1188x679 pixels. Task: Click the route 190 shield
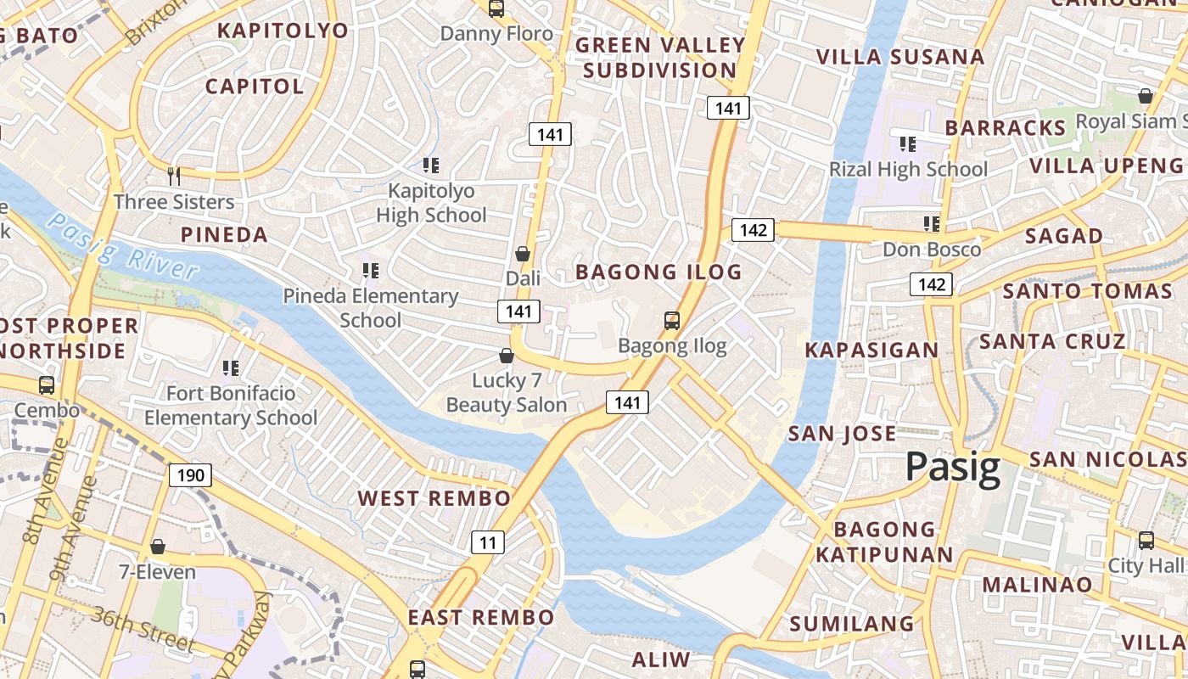[190, 474]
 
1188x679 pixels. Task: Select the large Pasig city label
[953, 468]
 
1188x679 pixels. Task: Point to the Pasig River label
[122, 246]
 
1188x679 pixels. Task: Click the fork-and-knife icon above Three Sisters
[174, 176]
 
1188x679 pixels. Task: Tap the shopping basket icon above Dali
[523, 254]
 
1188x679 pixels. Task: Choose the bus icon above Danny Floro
[496, 9]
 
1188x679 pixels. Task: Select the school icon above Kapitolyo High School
[431, 165]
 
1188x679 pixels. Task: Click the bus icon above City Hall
[1146, 540]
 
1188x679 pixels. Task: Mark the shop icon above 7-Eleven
[157, 547]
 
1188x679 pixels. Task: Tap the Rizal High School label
[908, 169]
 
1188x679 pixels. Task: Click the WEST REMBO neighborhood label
[434, 498]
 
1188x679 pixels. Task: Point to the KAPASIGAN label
[871, 350]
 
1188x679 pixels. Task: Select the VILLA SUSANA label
[900, 57]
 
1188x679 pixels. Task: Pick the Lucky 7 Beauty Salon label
[507, 393]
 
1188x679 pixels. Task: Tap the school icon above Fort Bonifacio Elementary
[230, 368]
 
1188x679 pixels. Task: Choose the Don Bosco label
[932, 250]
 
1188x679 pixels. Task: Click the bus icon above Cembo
[47, 385]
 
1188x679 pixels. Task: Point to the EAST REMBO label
[480, 617]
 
